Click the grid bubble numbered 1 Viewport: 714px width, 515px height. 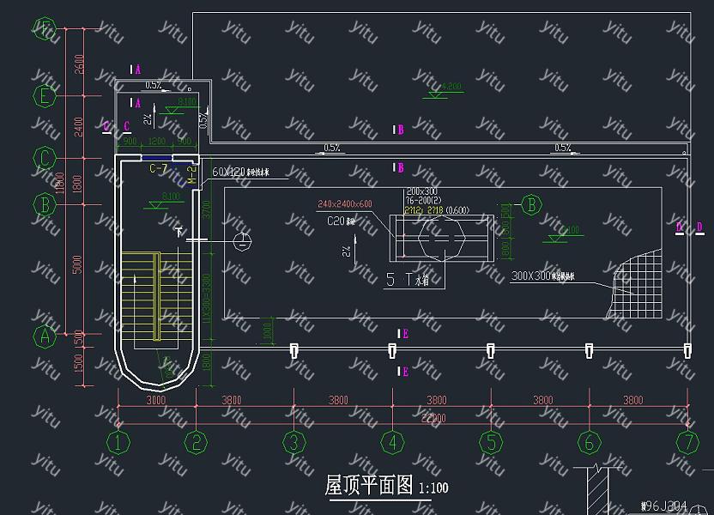pos(118,443)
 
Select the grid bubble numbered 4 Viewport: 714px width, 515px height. pos(392,443)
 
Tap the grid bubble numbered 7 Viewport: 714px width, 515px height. pos(687,443)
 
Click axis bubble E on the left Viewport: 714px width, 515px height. pos(45,94)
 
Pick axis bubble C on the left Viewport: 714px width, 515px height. pos(45,158)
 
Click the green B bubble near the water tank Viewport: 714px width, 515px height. pos(531,204)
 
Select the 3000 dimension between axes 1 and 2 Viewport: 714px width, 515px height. pos(155,400)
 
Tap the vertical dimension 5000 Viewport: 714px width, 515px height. pos(78,268)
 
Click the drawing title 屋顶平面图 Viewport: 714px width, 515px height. pos(369,486)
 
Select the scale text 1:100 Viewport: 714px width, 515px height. pos(433,488)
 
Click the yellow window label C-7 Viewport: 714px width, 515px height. pos(158,169)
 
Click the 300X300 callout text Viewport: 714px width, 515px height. pos(530,276)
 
